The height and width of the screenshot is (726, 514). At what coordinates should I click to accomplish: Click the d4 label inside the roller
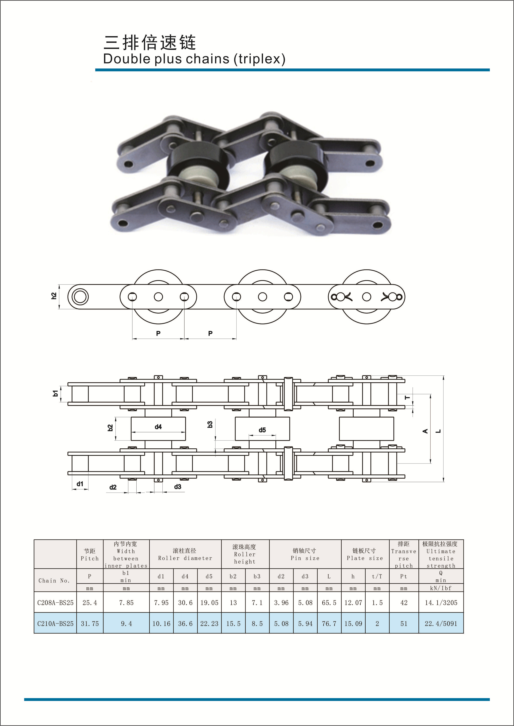(x=158, y=427)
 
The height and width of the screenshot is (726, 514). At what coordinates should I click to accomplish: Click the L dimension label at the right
(x=438, y=431)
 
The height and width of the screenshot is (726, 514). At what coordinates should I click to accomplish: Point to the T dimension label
(x=408, y=398)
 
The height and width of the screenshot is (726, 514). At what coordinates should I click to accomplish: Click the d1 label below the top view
(x=80, y=484)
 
